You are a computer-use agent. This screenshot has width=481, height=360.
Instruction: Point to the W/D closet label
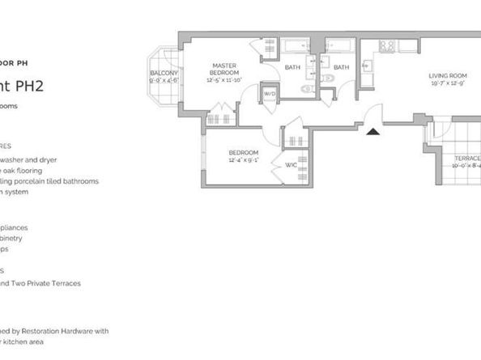pos(270,94)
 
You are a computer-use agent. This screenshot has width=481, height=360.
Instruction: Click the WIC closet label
pos(292,166)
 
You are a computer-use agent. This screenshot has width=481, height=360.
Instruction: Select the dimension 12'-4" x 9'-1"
pos(243,159)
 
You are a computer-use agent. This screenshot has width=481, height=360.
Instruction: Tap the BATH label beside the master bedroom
pos(292,67)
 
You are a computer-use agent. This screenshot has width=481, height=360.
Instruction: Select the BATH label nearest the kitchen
pos(341,67)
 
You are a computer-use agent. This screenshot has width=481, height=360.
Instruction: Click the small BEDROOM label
pos(243,153)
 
